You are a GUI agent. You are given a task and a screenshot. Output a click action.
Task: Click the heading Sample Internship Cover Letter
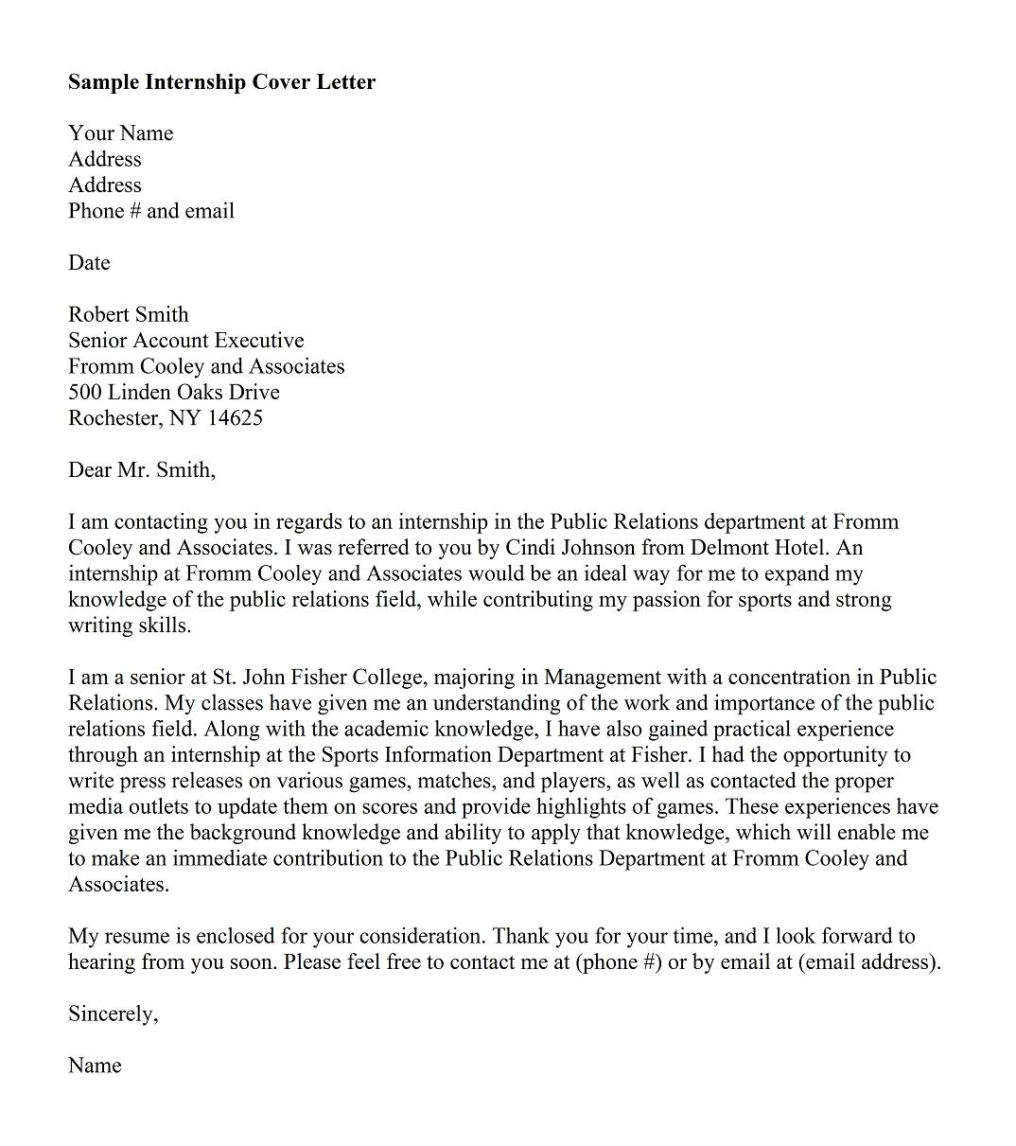point(221,82)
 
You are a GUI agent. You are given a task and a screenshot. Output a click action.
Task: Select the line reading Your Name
point(120,133)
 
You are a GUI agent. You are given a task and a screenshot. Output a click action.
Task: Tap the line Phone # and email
point(150,211)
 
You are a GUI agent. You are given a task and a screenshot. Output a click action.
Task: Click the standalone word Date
point(89,263)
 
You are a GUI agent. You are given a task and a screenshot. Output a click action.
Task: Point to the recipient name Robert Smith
point(128,315)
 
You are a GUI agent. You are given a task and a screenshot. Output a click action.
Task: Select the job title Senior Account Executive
point(185,341)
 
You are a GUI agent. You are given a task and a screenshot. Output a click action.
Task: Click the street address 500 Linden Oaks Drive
point(173,393)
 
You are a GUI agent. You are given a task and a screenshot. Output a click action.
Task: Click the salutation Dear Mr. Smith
point(141,470)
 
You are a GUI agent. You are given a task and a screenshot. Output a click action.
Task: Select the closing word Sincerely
point(113,1014)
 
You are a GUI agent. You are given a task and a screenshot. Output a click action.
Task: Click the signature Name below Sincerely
point(95,1067)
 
